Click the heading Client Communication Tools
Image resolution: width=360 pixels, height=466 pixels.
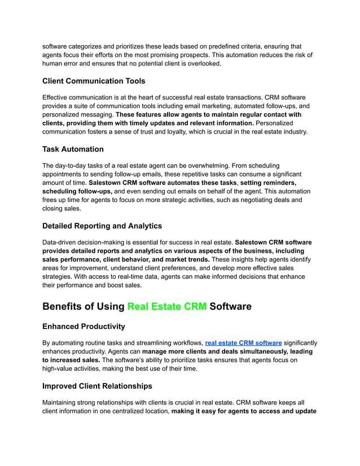point(94,81)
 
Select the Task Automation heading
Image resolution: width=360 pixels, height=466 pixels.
point(73,149)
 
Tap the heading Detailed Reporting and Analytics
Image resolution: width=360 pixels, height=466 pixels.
point(102,226)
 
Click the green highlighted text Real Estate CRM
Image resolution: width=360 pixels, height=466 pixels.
point(166,306)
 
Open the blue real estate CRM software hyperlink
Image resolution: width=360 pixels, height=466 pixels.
point(243,342)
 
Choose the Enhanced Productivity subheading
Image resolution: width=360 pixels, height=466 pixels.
point(84,327)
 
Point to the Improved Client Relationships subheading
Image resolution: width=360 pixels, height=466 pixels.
point(97,386)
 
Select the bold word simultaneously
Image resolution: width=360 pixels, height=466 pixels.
point(245,351)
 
